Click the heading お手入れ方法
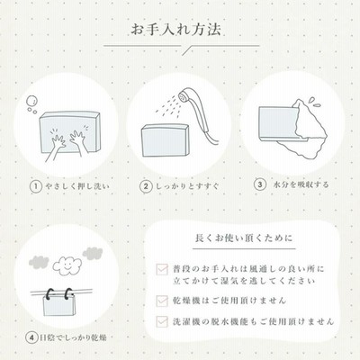point(176,30)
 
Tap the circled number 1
point(36,186)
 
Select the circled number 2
point(146,186)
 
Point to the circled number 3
point(260,184)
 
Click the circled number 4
point(31,338)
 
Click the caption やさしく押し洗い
point(77,186)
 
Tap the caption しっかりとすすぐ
point(187,186)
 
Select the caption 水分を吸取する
point(301,184)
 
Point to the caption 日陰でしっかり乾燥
point(73,338)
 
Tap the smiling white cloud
point(67,266)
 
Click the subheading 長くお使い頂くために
point(244,238)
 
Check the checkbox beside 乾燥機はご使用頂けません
point(162,301)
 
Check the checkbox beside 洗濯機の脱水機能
point(162,321)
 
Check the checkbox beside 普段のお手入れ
point(162,269)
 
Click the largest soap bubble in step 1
point(31,101)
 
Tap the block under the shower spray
point(166,140)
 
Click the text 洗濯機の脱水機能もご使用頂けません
point(254,321)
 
